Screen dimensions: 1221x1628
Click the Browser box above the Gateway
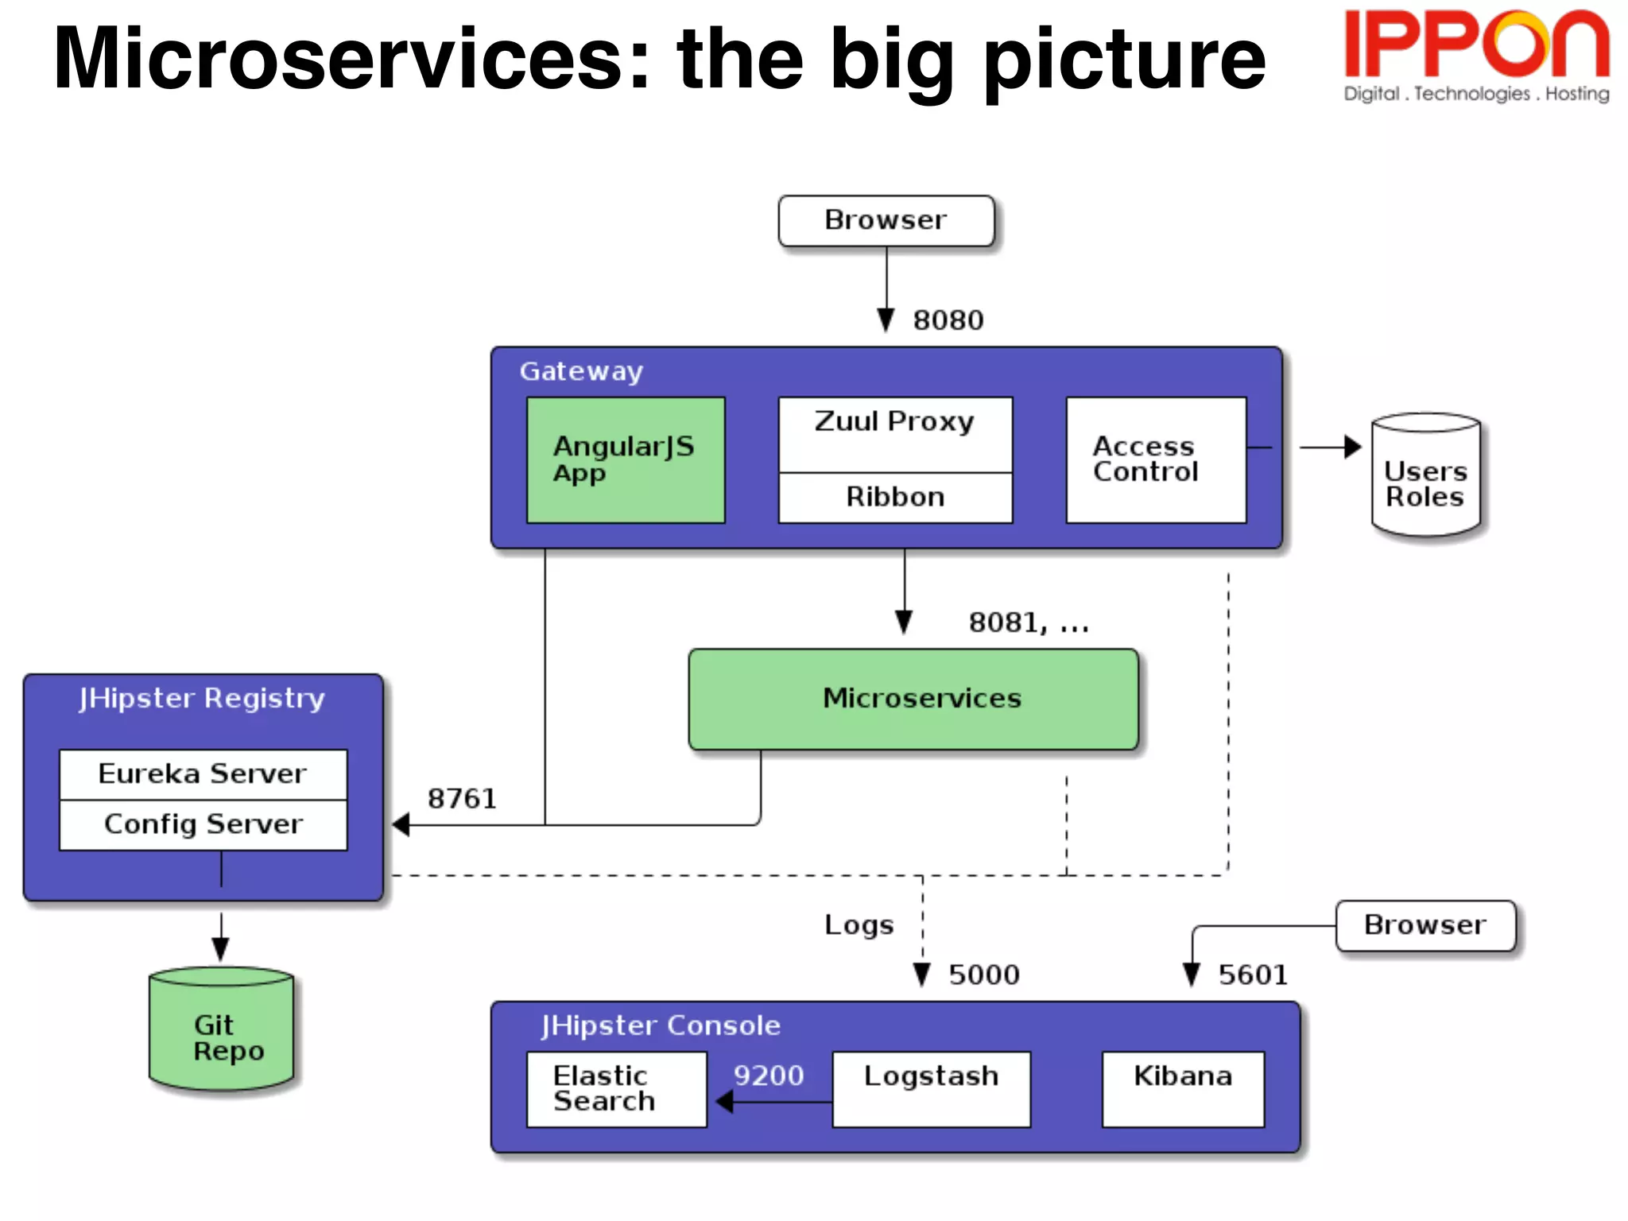[886, 220]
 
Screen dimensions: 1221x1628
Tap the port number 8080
[948, 320]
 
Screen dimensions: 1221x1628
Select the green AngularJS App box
[626, 459]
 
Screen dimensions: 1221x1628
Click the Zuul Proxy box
[895, 433]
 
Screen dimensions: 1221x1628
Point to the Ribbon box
[895, 498]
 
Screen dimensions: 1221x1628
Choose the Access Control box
[1155, 459]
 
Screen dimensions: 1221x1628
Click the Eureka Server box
[203, 774]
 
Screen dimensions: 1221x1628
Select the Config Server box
[203, 825]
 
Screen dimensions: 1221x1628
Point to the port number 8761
[462, 799]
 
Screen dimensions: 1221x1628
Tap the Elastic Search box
[616, 1089]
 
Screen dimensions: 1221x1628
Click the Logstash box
[931, 1089]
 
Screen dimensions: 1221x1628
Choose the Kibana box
[1183, 1089]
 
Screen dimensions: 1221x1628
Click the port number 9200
[768, 1076]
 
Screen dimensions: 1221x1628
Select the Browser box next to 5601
[1425, 925]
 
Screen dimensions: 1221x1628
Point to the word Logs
[859, 925]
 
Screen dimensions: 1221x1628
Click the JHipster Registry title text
[202, 699]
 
